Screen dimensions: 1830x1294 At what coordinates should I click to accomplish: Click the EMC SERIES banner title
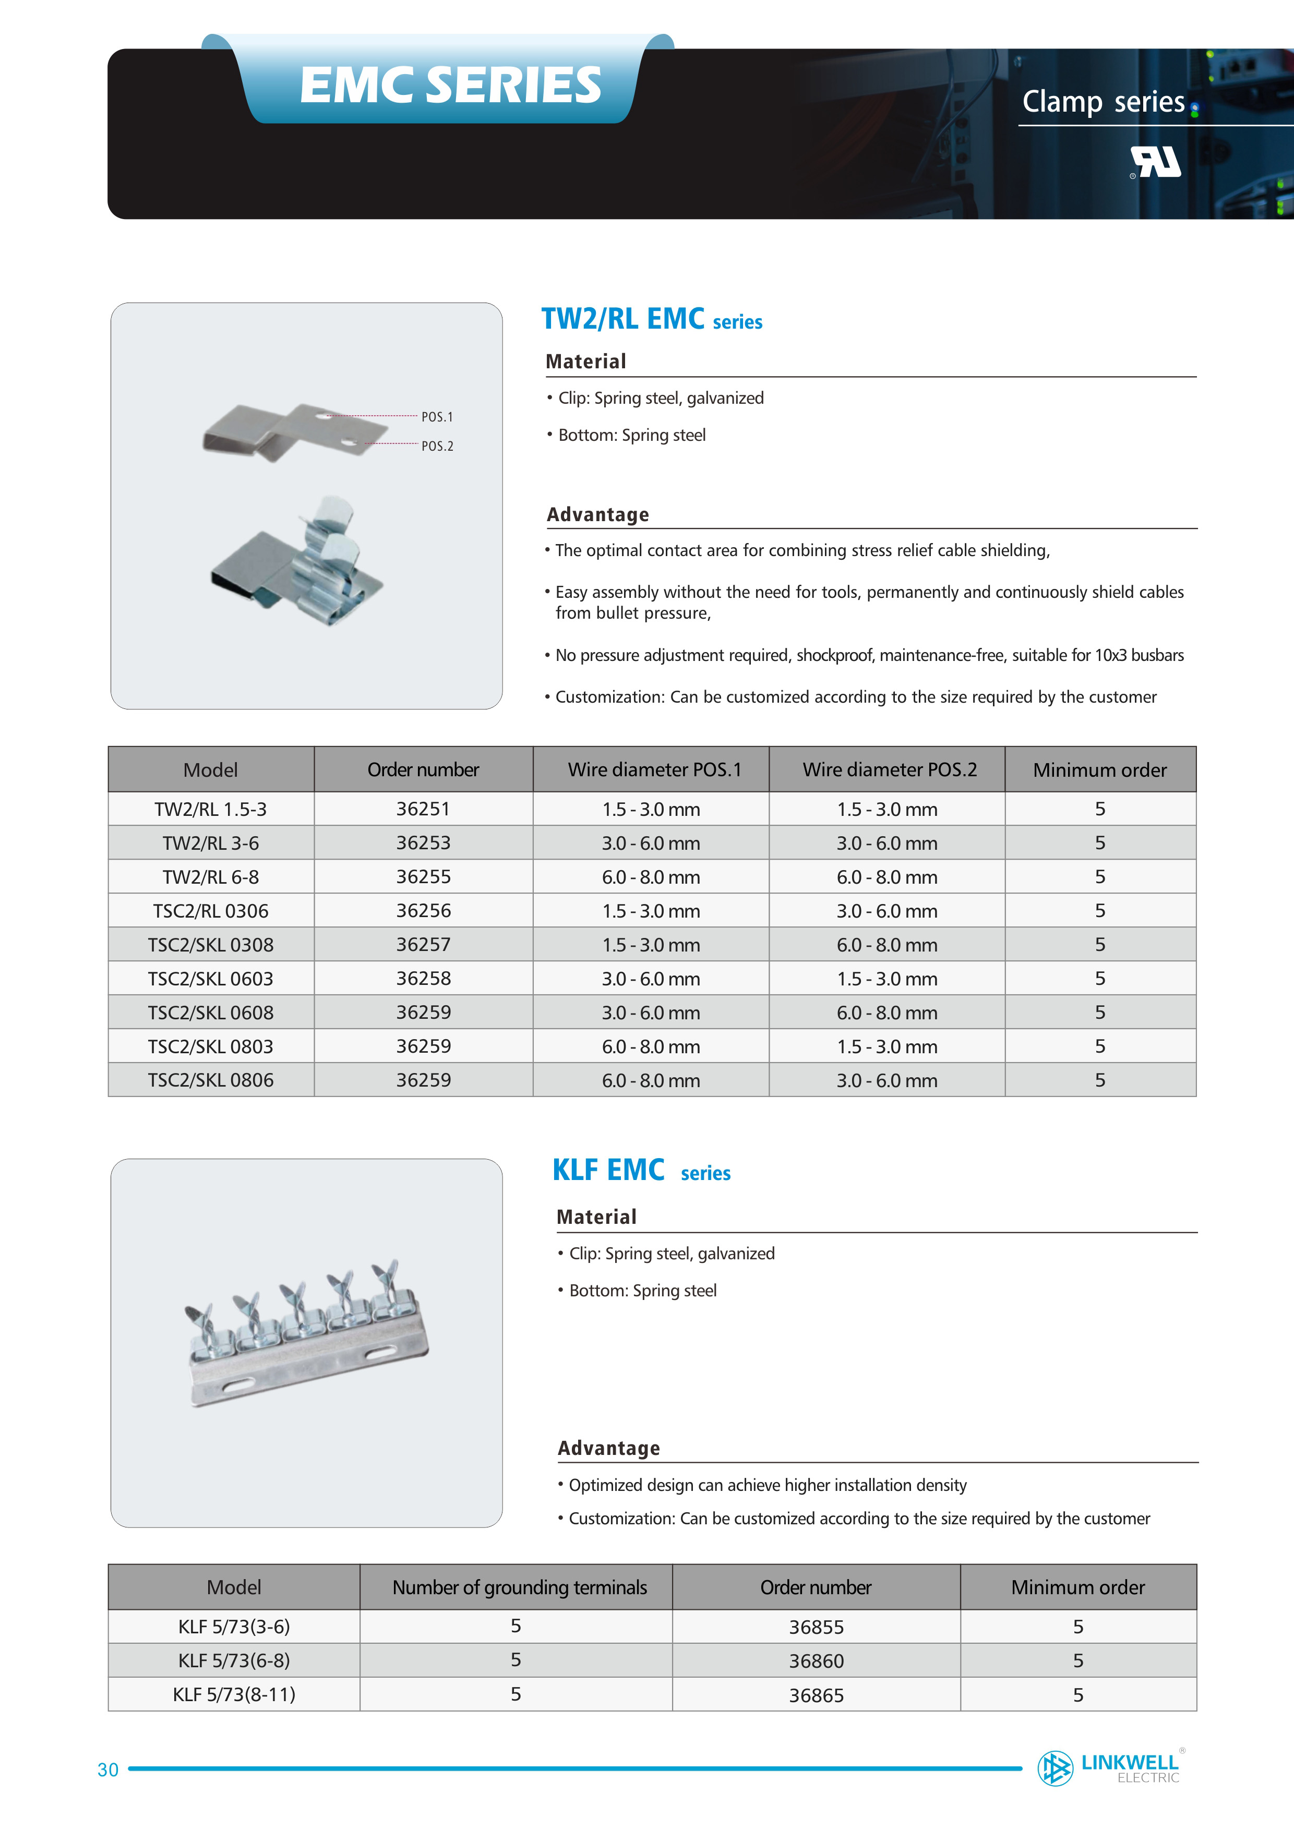pos(450,85)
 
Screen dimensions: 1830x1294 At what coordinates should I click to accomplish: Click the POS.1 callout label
pos(437,417)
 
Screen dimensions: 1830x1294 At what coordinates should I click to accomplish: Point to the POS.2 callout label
pos(437,447)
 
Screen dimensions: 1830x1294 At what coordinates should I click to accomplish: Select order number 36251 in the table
pos(423,809)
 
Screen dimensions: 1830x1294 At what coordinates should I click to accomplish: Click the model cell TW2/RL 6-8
pos(210,877)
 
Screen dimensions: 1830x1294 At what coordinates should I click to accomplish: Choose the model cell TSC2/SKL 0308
pos(210,945)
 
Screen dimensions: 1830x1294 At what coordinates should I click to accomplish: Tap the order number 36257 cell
pos(423,945)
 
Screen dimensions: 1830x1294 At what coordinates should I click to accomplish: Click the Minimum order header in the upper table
pos(1099,770)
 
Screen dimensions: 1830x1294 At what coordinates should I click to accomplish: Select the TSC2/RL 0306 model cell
pos(210,911)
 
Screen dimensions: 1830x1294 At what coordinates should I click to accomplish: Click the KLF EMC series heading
pos(641,1170)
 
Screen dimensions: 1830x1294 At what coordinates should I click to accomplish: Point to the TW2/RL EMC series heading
pos(651,319)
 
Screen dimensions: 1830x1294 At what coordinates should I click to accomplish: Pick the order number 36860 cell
pos(816,1661)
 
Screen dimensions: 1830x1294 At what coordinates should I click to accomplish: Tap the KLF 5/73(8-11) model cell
pos(234,1694)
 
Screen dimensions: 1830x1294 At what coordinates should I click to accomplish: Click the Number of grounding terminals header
pos(519,1588)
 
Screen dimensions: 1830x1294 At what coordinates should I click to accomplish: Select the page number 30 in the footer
pos(107,1770)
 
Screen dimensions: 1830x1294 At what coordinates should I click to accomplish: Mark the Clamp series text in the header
pos(1104,102)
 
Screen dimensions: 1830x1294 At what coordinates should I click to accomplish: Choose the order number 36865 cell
pos(816,1695)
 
